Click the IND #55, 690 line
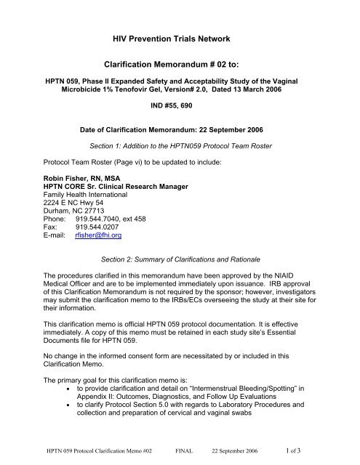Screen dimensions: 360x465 click(180, 108)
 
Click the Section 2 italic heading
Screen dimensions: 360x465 click(180, 240)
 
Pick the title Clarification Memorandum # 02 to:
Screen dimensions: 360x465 click(180, 65)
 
